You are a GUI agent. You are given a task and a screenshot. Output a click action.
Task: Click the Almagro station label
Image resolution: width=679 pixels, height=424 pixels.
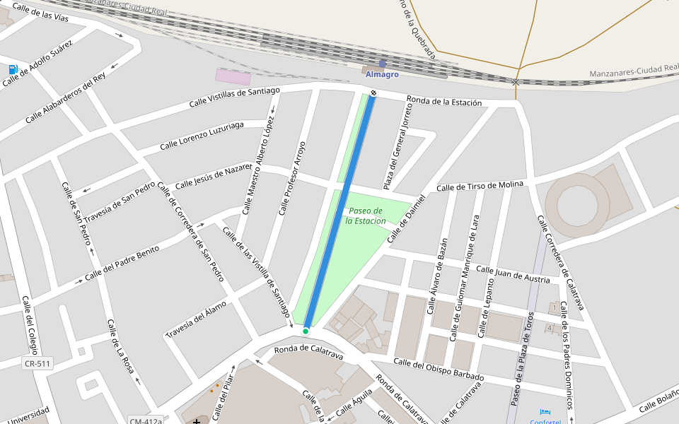[x=382, y=74]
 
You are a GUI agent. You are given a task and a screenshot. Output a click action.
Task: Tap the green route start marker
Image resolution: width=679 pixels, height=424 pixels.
[x=306, y=331]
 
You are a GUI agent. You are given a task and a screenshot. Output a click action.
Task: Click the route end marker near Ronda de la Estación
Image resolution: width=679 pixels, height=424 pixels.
[x=373, y=93]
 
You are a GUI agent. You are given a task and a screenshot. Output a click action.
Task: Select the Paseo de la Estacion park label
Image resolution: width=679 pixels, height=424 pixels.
[x=366, y=216]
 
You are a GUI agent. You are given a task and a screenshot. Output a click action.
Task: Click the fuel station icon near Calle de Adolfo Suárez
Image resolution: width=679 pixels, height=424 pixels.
[x=13, y=69]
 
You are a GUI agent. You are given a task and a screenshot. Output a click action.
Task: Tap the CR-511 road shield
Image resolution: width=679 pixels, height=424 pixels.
[x=37, y=363]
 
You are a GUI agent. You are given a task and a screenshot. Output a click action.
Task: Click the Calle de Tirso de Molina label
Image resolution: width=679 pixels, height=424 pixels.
[x=480, y=186]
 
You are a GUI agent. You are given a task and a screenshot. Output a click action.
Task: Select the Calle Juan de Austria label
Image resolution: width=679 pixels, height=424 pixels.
[x=513, y=274]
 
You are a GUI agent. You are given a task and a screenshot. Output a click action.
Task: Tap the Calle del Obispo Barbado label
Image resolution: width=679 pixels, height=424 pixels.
[x=439, y=370]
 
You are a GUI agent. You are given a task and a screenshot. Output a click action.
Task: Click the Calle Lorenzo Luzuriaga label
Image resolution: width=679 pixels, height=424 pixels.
[x=202, y=135]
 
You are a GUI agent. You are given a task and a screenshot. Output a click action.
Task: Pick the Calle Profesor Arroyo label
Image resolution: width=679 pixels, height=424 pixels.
[x=291, y=178]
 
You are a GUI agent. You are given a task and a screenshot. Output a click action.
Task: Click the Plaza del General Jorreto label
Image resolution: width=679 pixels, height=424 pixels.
[x=397, y=145]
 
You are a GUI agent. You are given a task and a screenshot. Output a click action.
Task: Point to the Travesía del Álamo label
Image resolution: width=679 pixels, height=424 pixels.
[x=196, y=319]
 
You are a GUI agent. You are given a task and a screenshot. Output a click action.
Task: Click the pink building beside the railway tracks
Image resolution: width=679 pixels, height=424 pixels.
[x=233, y=77]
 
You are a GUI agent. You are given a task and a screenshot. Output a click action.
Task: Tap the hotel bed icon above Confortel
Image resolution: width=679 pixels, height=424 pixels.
[x=545, y=412]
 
